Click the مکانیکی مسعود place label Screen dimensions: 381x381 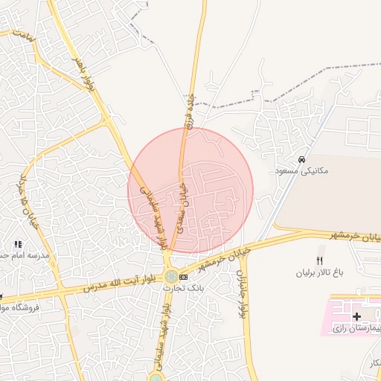pyautogui.click(x=301, y=171)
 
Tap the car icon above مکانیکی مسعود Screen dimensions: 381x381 pyautogui.click(x=301, y=160)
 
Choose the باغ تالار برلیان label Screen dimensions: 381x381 pyautogui.click(x=320, y=273)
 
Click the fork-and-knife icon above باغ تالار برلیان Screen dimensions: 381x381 pyautogui.click(x=320, y=260)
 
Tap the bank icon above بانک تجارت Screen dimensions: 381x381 pyautogui.click(x=183, y=277)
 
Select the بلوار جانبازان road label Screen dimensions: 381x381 pyautogui.click(x=242, y=294)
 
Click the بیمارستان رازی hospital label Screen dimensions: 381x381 pyautogui.click(x=354, y=327)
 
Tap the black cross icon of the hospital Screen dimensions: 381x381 pyautogui.click(x=356, y=316)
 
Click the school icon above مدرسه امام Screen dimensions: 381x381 pyautogui.click(x=18, y=244)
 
